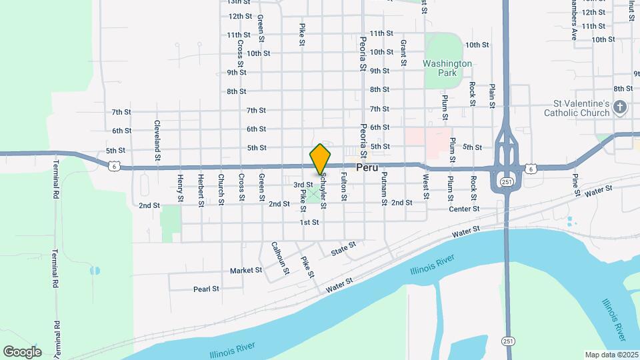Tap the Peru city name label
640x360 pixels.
tap(367, 169)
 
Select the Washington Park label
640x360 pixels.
tap(447, 68)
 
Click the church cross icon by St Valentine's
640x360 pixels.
tap(621, 107)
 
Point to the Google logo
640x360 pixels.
tap(22, 352)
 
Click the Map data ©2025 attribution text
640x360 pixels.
tap(611, 355)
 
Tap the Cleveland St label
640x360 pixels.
tap(158, 141)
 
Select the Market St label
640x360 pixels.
tap(246, 271)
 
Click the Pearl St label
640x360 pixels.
tap(206, 289)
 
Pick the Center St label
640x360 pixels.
tap(464, 209)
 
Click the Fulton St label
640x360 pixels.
tap(343, 187)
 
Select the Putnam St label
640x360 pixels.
tap(384, 187)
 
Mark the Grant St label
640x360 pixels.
tap(404, 52)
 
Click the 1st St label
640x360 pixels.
tap(309, 222)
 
